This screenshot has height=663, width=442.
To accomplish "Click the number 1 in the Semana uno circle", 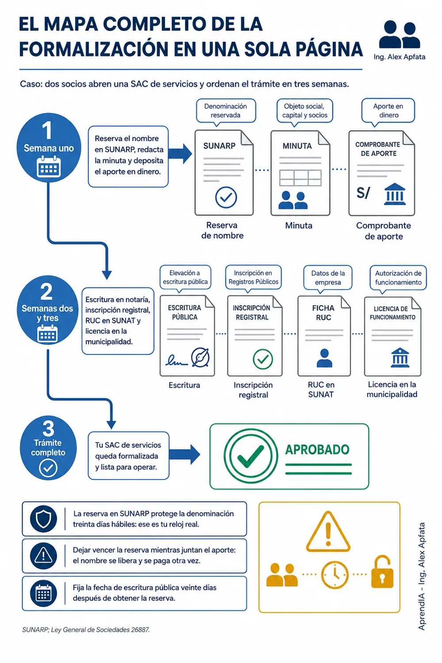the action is [x=47, y=130].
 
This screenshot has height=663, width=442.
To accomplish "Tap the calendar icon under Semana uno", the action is [x=49, y=167].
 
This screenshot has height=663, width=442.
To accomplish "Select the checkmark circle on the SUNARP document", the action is [x=226, y=197].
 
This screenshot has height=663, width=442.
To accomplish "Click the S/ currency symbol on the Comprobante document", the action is [x=363, y=193].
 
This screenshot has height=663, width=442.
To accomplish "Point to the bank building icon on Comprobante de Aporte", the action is [x=395, y=194].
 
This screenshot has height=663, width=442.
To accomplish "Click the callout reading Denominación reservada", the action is [x=226, y=111].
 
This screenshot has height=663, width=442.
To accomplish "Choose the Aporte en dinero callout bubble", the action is [x=388, y=111].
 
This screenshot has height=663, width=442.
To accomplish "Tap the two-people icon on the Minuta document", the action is [x=293, y=200].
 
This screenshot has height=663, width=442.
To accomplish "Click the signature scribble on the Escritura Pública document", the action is [x=176, y=360].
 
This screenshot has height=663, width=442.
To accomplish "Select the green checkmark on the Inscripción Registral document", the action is [x=263, y=359].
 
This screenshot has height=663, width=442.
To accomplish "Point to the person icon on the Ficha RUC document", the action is [x=324, y=358].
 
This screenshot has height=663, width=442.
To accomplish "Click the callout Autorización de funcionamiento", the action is [x=398, y=278].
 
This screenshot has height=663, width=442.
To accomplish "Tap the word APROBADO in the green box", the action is [x=317, y=450].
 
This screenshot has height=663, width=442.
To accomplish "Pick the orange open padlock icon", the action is [x=382, y=572].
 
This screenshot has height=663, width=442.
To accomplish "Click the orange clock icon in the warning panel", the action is [x=335, y=575].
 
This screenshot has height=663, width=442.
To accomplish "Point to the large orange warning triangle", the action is [x=328, y=532].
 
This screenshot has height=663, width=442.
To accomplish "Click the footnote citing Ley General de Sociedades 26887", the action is [x=86, y=629].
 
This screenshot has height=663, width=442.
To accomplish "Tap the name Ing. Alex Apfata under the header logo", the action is [x=400, y=57].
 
